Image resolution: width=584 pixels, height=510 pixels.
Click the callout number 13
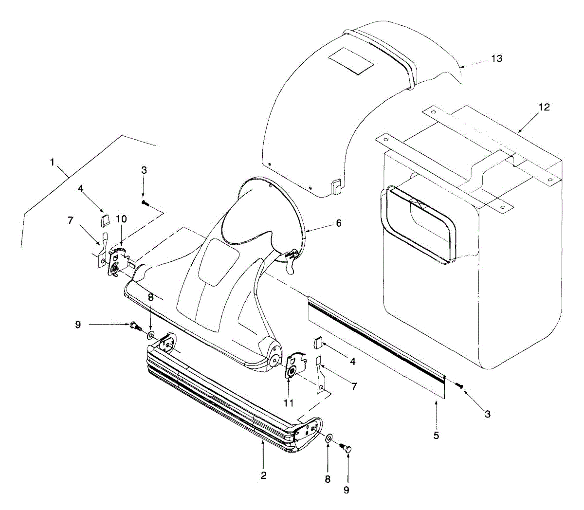[496, 58]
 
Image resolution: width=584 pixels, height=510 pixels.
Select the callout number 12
[544, 107]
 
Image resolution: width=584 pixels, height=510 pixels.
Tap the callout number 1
[52, 163]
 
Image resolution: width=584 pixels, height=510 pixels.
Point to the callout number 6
[338, 223]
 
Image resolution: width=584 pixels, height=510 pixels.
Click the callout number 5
[436, 435]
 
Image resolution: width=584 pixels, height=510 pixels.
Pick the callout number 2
[263, 475]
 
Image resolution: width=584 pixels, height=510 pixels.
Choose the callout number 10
[121, 219]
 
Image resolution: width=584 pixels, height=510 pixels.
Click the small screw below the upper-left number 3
[144, 202]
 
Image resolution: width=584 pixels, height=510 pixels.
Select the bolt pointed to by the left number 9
[135, 326]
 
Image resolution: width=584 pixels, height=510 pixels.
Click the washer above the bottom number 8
[329, 438]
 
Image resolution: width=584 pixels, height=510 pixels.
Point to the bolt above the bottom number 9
[347, 448]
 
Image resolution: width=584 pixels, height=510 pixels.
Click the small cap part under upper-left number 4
[104, 222]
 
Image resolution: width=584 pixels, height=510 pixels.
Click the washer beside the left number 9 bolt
[151, 335]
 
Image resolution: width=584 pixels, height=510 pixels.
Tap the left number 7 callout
[71, 220]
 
